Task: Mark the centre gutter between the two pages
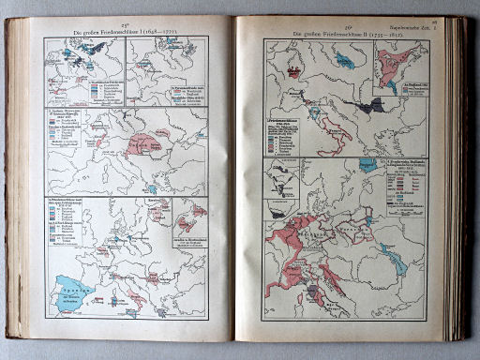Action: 233,178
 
